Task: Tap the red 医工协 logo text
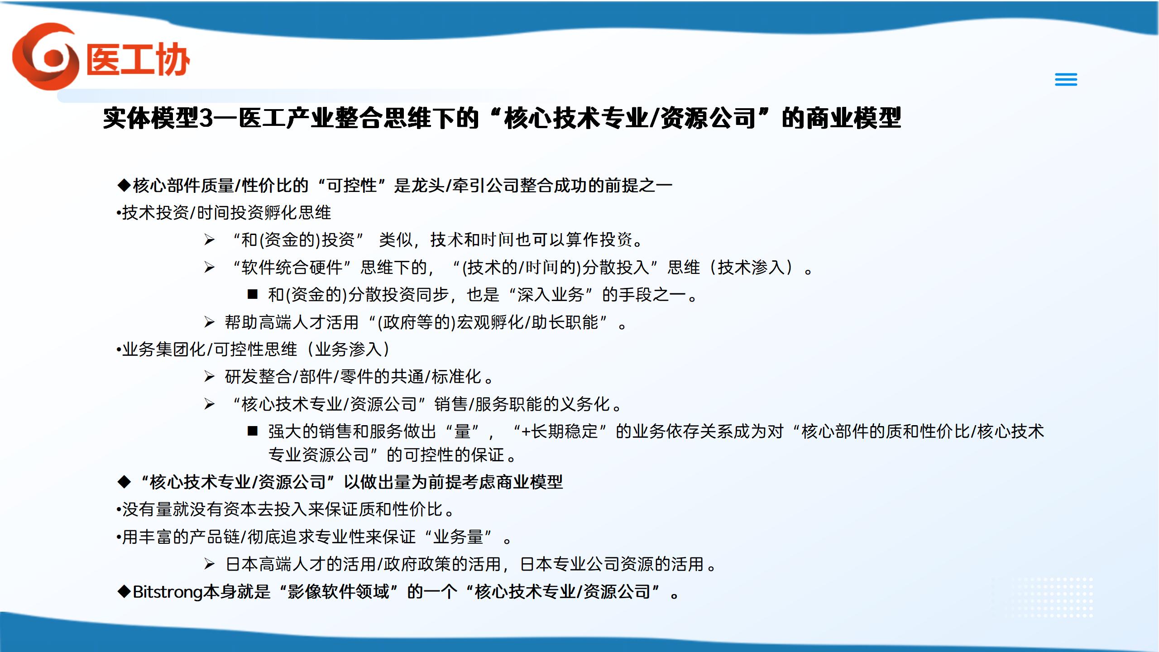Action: click(138, 59)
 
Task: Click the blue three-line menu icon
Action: click(1066, 80)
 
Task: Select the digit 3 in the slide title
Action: click(206, 119)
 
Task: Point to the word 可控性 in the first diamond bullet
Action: click(352, 185)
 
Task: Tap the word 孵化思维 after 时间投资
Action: click(297, 212)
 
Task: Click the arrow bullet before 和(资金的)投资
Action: click(209, 240)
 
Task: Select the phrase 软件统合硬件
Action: click(292, 268)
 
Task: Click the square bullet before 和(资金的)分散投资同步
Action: click(253, 295)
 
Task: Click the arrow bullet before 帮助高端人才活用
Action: click(209, 322)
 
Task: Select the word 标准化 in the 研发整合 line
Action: click(456, 377)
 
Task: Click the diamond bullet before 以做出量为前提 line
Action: click(124, 482)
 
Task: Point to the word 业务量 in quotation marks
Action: click(458, 537)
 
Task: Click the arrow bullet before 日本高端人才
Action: click(209, 564)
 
